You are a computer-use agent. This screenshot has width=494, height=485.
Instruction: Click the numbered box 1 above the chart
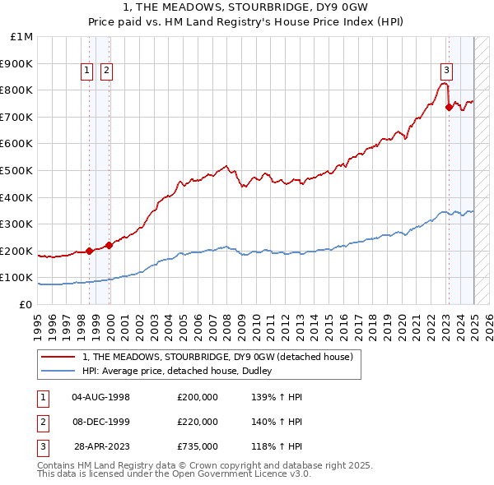tap(87, 71)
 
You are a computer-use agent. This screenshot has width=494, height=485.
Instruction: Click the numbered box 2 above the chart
tap(107, 71)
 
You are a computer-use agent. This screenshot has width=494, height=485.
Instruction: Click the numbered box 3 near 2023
tap(446, 71)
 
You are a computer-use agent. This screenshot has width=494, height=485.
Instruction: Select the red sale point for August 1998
tap(89, 251)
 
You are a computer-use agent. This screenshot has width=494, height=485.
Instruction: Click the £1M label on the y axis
tap(22, 37)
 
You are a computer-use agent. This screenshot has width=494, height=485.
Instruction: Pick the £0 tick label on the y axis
tap(26, 304)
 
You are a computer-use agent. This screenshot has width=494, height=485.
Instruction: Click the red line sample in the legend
tap(59, 357)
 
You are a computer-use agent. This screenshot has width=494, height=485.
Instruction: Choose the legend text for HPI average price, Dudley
tap(183, 371)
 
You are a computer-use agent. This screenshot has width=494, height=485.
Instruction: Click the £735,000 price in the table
tap(198, 446)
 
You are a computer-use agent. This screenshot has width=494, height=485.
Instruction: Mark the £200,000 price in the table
tap(198, 397)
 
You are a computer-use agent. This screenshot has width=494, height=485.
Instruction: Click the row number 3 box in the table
tap(40, 446)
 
